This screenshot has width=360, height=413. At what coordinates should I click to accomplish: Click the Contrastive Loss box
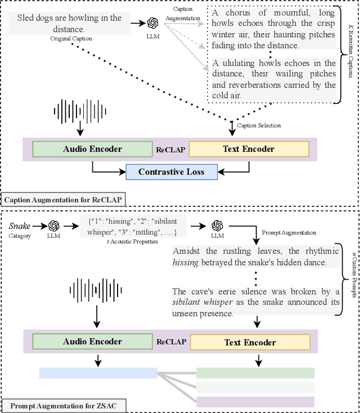[171, 172]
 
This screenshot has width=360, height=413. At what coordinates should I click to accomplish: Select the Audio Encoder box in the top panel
[93, 149]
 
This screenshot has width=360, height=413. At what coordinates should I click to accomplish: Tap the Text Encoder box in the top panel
[249, 149]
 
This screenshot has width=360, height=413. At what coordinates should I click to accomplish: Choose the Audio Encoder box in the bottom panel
[93, 342]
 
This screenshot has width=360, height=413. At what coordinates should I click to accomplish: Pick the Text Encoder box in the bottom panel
[250, 342]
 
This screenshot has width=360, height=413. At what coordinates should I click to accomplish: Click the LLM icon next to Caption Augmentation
[152, 23]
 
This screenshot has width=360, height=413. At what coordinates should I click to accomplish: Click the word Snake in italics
[20, 226]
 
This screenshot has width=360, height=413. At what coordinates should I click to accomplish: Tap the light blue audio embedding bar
[98, 372]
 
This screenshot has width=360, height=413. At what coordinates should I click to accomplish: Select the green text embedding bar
[255, 372]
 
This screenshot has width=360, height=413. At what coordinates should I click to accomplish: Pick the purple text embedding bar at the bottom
[255, 401]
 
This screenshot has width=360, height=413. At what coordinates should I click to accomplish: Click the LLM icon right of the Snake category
[54, 226]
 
